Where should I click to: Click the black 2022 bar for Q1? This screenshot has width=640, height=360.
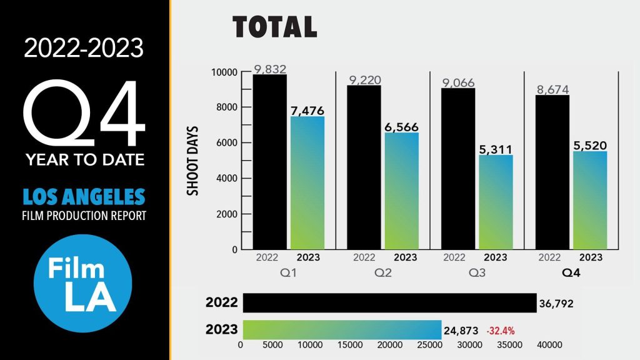coord(269,162)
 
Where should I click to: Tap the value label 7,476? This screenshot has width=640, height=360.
coord(307,110)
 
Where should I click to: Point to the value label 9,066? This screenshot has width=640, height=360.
coord(457,82)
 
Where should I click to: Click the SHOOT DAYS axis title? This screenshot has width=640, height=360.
coord(193,162)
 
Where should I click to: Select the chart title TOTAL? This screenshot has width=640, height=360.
coord(275,27)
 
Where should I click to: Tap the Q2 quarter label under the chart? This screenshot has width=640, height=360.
coord(384,273)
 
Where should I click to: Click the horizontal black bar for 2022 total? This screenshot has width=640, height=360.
coord(389,302)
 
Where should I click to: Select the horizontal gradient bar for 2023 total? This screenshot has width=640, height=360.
coord(342,329)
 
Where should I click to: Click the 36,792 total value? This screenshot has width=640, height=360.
coord(556,304)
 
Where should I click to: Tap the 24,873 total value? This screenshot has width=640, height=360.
coord(461,330)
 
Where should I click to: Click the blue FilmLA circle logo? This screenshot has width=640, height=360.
coord(83,283)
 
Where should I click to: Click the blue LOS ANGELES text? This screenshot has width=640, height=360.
coord(83,197)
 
